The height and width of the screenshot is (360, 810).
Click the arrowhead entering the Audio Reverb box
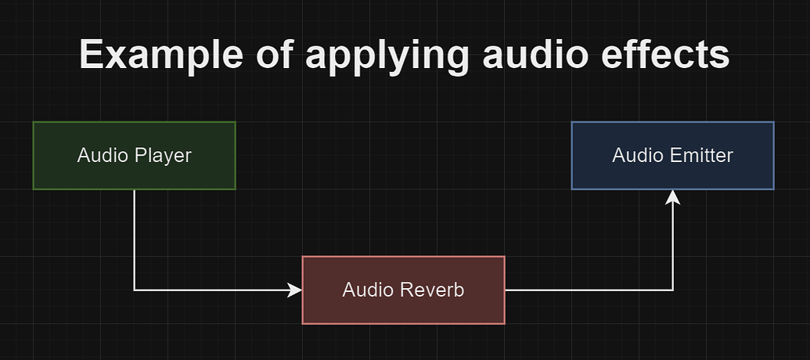(295, 290)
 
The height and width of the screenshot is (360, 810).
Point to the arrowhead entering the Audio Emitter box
(672, 196)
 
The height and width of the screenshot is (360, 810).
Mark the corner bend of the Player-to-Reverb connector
(135, 290)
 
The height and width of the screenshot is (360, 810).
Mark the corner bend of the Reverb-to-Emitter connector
(672, 290)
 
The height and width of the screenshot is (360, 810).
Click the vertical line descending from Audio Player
(135, 239)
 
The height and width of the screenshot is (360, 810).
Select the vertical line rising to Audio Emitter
(672, 247)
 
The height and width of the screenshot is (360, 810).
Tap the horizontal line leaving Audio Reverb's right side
(587, 290)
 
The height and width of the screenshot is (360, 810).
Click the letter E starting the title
(92, 56)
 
